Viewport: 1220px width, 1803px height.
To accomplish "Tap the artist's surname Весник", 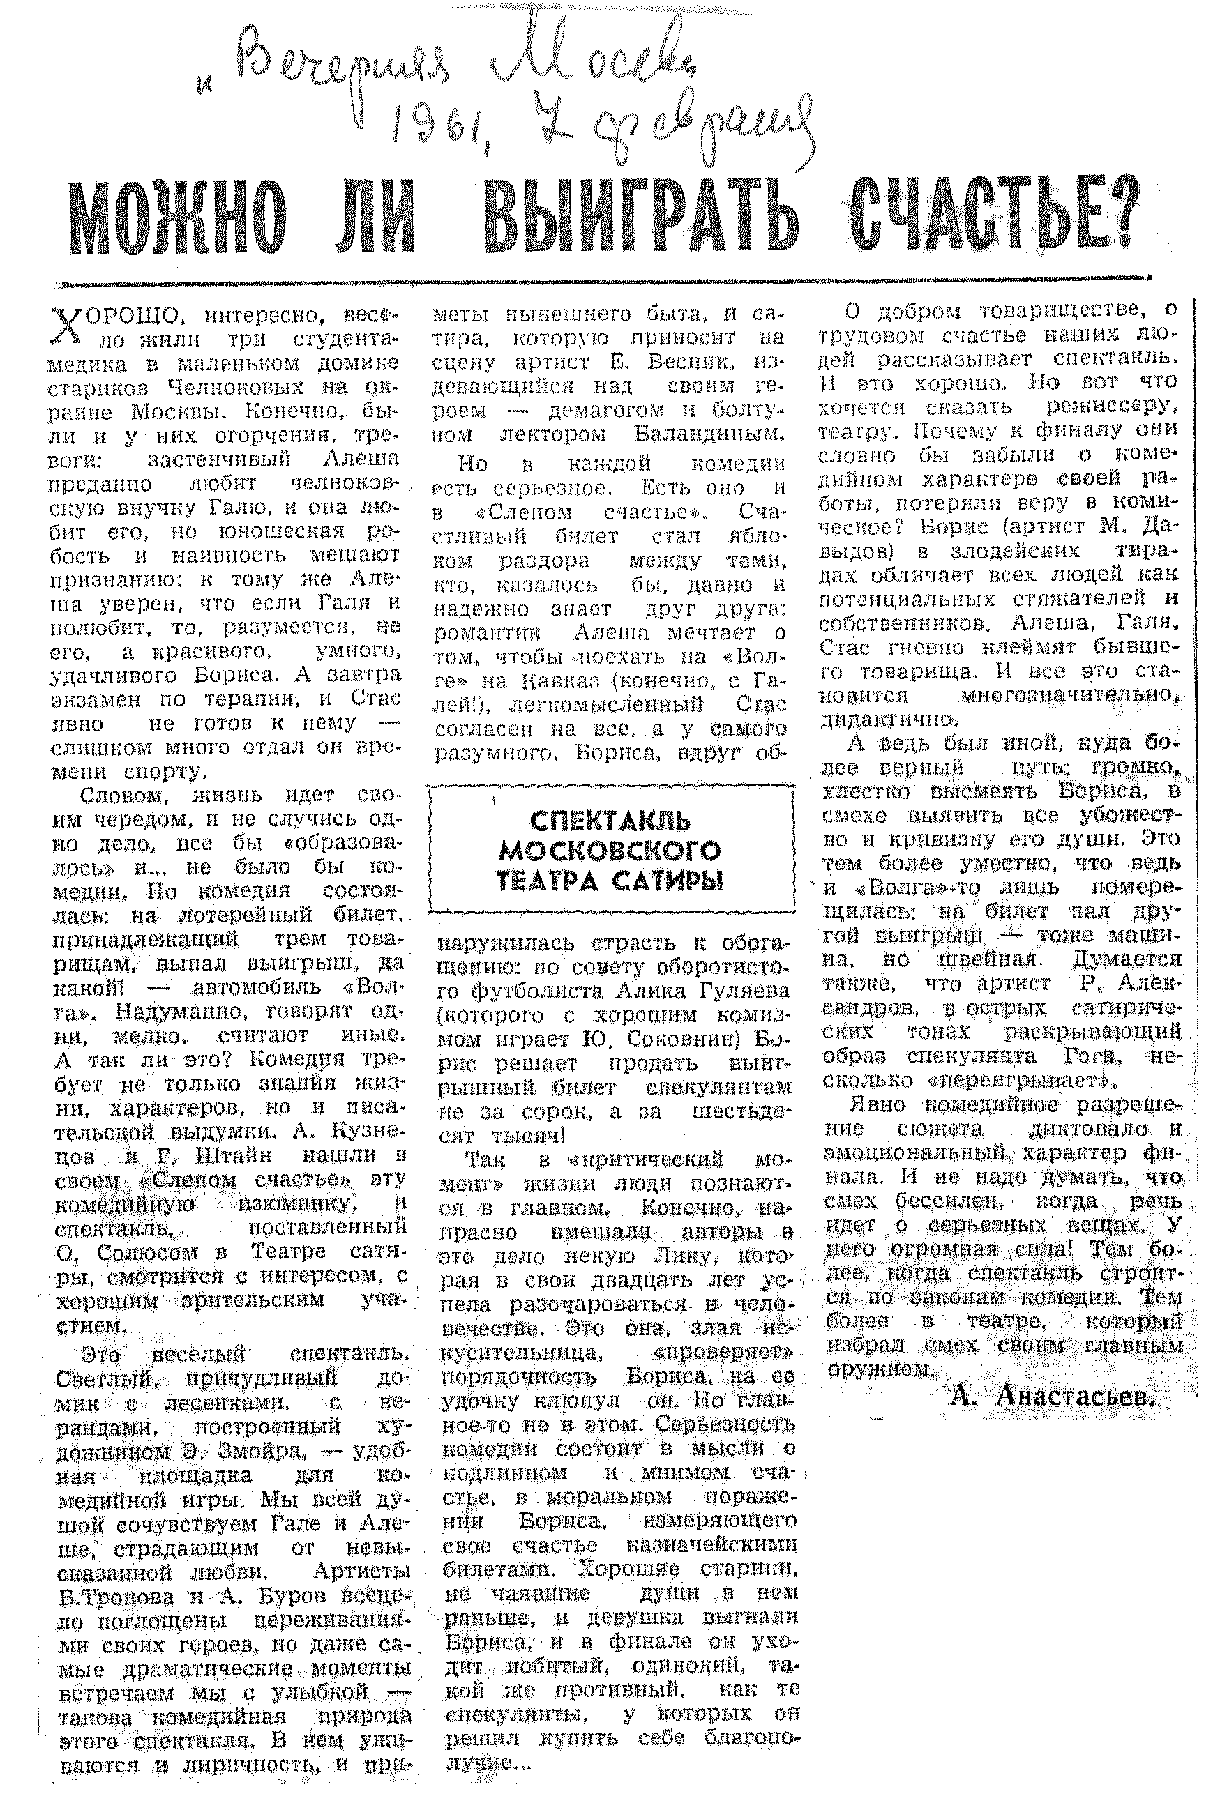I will pyautogui.click(x=683, y=363).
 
